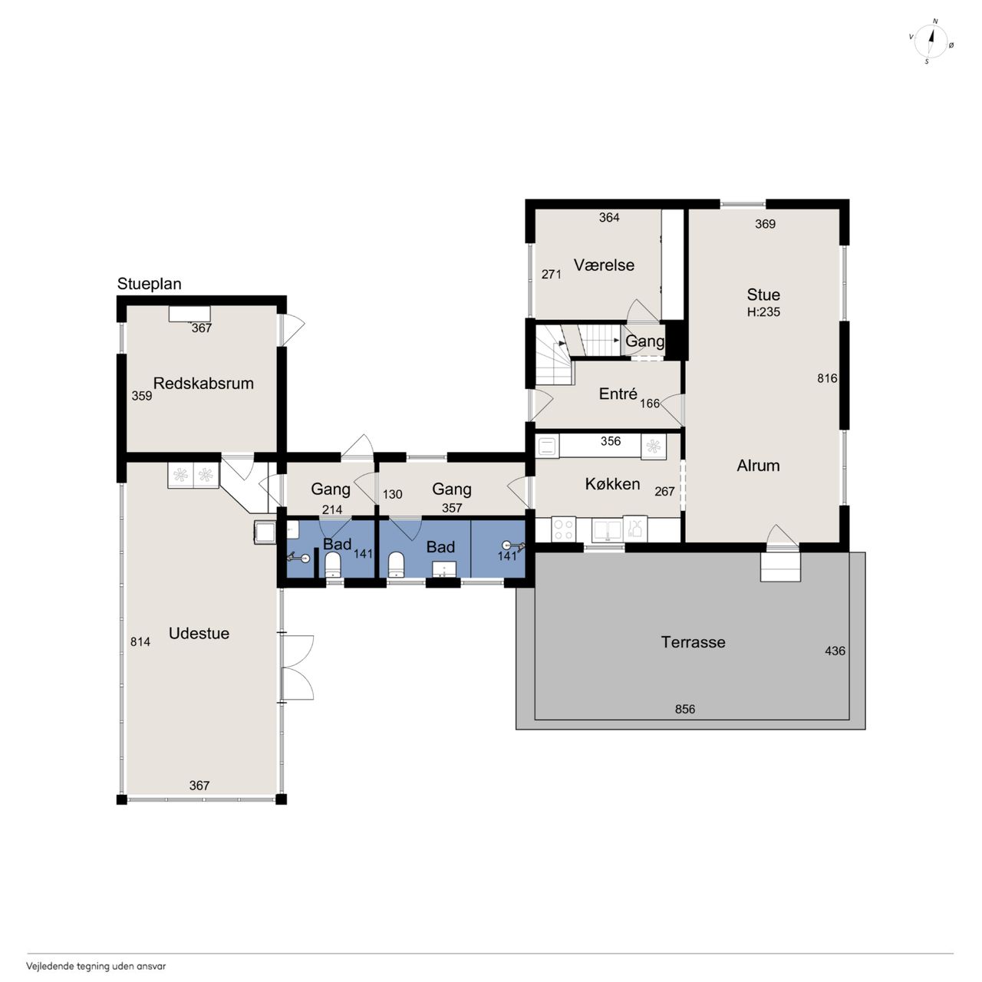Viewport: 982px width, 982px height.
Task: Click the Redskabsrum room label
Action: pyautogui.click(x=203, y=384)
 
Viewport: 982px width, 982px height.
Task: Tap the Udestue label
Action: pyautogui.click(x=199, y=634)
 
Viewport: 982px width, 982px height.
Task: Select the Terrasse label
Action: pyautogui.click(x=693, y=642)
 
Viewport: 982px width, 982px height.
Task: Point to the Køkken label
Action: pyautogui.click(x=612, y=484)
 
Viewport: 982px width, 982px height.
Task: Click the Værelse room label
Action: pyautogui.click(x=604, y=265)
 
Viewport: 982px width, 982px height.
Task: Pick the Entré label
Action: pyautogui.click(x=618, y=394)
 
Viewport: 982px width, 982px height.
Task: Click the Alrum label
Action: pyautogui.click(x=758, y=465)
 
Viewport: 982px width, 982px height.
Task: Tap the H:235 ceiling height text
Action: pyautogui.click(x=763, y=312)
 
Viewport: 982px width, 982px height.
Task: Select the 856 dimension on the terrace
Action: pyautogui.click(x=685, y=710)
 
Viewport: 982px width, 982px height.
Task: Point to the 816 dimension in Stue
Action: pyautogui.click(x=827, y=378)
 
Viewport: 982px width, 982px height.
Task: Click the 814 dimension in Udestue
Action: pyautogui.click(x=140, y=642)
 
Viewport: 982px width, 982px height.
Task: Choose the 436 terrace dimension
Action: pyautogui.click(x=835, y=651)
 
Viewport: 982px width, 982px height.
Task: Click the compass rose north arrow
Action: pyautogui.click(x=931, y=41)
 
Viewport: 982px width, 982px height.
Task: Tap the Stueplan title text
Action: pyautogui.click(x=150, y=284)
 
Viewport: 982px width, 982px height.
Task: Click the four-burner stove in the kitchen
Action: pyautogui.click(x=563, y=529)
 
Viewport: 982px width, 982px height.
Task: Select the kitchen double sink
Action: pyautogui.click(x=607, y=530)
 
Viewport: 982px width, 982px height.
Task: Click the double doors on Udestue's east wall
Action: pyautogui.click(x=296, y=667)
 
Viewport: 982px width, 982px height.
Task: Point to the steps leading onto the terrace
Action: pyautogui.click(x=779, y=567)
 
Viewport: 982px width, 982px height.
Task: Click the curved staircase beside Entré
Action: pyautogui.click(x=554, y=356)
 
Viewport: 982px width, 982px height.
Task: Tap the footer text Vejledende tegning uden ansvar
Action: pyautogui.click(x=96, y=966)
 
